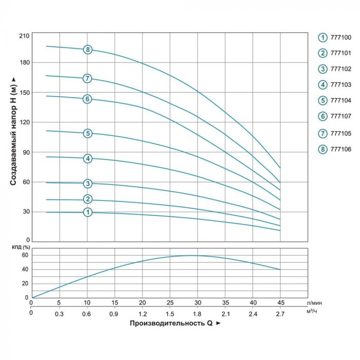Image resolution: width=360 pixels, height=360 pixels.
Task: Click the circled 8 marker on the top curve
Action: click(x=88, y=50)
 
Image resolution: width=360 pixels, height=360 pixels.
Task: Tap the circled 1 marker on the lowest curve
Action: click(x=88, y=212)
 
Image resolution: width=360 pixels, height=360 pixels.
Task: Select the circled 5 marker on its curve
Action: click(x=88, y=134)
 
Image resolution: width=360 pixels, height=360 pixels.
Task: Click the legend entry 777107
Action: click(x=338, y=117)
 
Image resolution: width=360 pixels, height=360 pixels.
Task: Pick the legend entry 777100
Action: click(x=338, y=37)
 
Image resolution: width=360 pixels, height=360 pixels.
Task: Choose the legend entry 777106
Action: click(x=338, y=149)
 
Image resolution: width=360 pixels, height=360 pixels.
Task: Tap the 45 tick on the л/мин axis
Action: click(x=280, y=302)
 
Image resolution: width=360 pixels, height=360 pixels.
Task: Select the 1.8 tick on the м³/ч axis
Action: click(x=197, y=313)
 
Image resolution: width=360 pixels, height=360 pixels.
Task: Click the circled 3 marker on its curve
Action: click(x=88, y=184)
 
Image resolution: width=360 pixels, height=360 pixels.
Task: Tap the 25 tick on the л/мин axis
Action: click(x=170, y=302)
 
